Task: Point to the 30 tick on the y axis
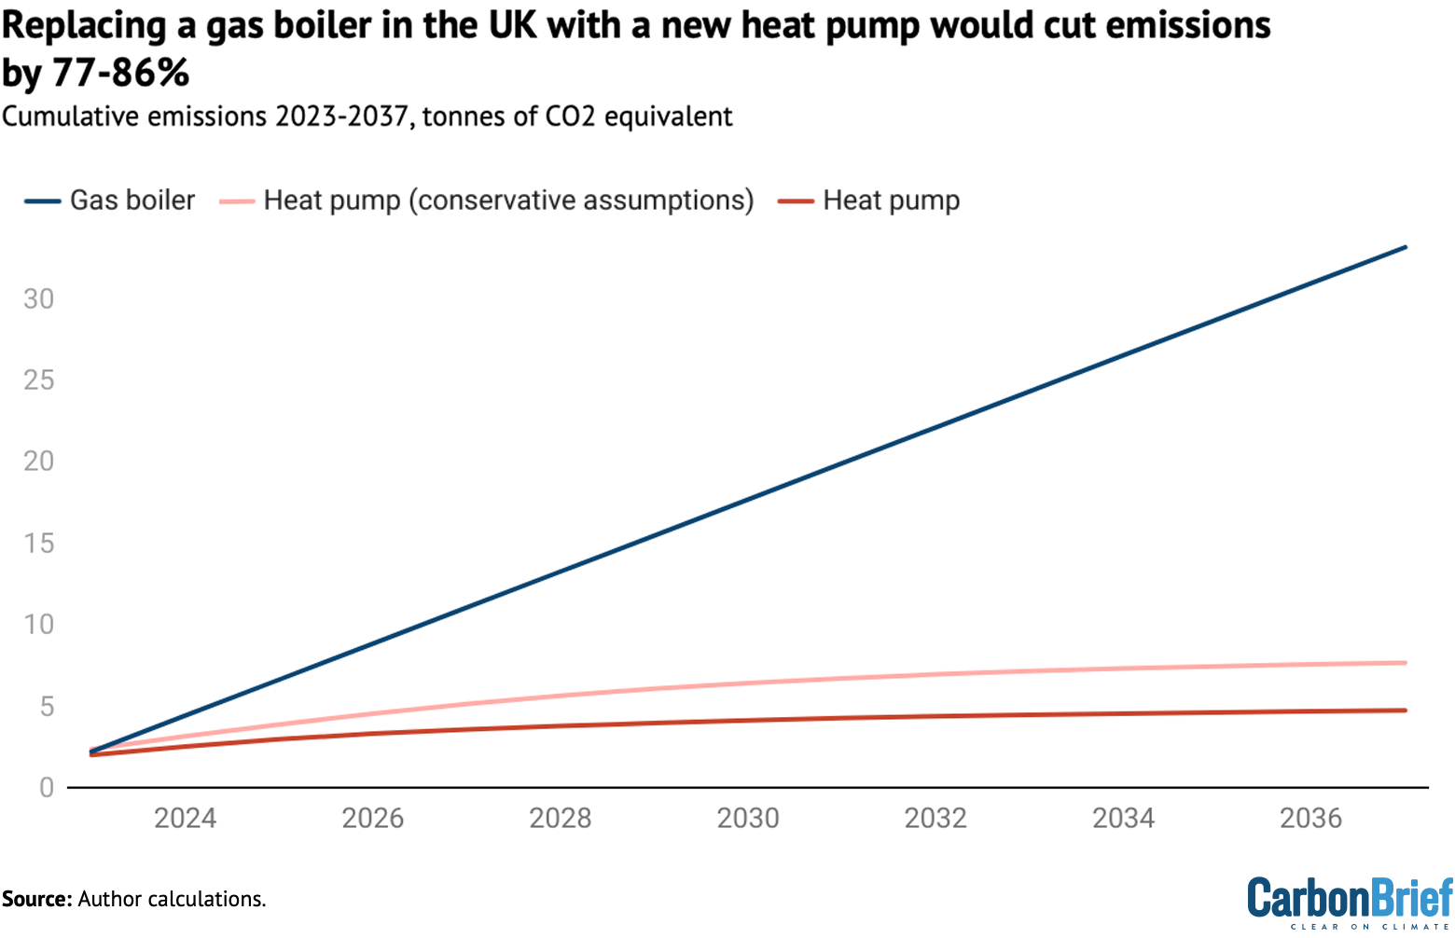click(x=39, y=298)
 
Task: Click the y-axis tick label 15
click(x=39, y=543)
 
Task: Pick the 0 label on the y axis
click(x=47, y=788)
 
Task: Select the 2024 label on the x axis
click(x=185, y=819)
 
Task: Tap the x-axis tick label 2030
click(x=748, y=819)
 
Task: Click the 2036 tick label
click(x=1310, y=819)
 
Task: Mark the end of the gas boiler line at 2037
click(x=1405, y=247)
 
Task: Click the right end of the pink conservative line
click(x=1405, y=663)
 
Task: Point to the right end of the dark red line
click(x=1405, y=710)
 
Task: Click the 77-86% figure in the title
click(x=120, y=73)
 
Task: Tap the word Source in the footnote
click(x=35, y=899)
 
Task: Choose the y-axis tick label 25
click(x=39, y=379)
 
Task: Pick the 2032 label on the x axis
click(x=935, y=819)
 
